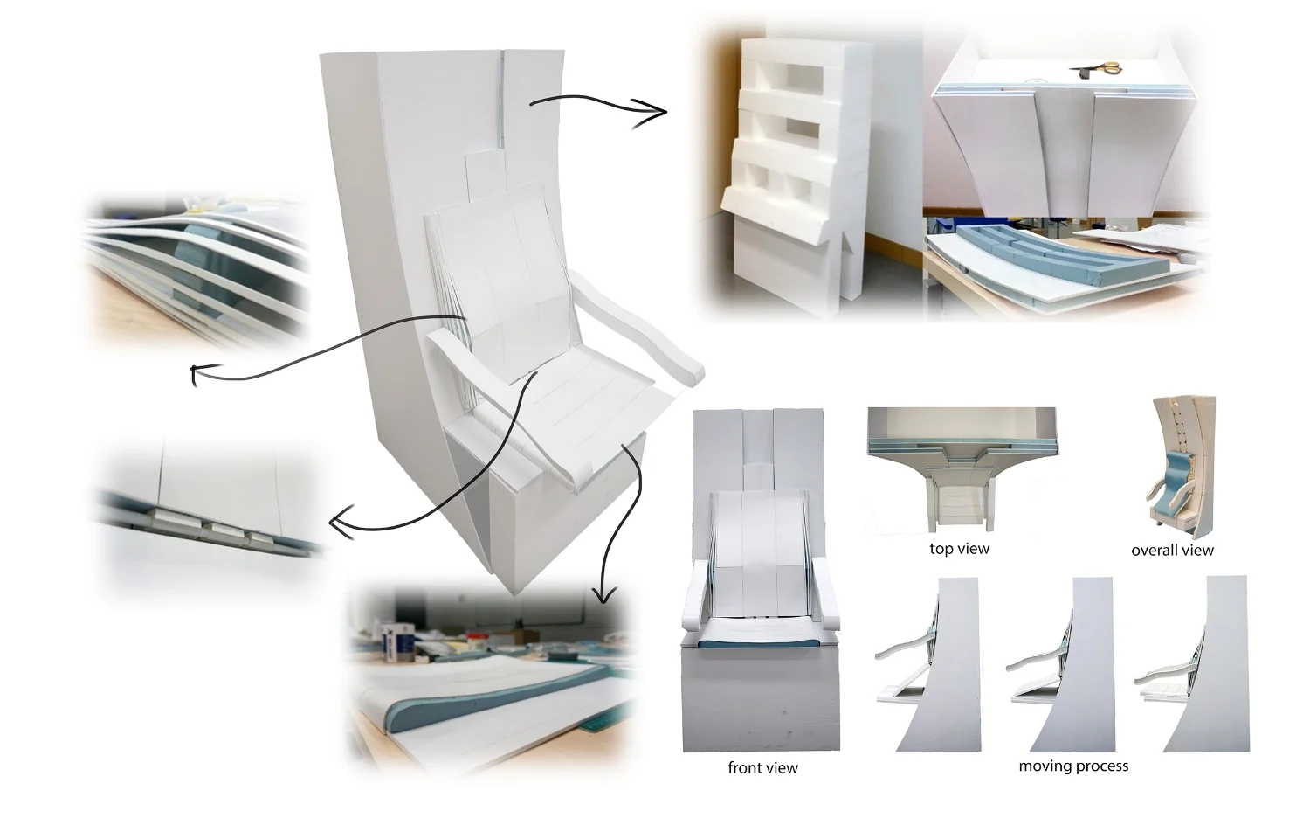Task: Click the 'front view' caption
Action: [x=762, y=768]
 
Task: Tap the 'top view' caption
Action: [x=959, y=549]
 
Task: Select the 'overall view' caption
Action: [x=1172, y=551]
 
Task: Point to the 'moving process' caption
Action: [x=1073, y=766]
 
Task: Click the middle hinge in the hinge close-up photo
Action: [x=225, y=530]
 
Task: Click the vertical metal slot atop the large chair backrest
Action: [x=503, y=96]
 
